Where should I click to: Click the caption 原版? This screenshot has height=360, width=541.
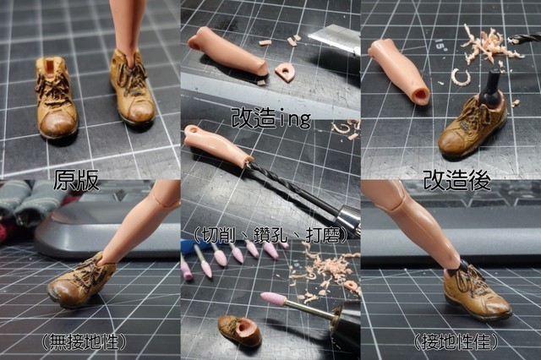[x=76, y=180]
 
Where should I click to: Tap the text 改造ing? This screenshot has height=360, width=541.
[x=270, y=118]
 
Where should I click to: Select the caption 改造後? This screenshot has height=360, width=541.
[x=456, y=179]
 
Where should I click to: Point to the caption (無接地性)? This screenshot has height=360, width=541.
[x=84, y=341]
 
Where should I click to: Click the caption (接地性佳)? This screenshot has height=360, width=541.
[x=456, y=341]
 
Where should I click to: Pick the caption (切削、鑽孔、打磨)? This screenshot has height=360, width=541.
[x=270, y=235]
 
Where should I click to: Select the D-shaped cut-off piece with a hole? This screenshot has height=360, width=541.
[x=286, y=72]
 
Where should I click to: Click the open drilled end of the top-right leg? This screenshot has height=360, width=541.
[x=421, y=92]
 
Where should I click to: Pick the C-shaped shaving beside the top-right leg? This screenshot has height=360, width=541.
[x=460, y=77]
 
